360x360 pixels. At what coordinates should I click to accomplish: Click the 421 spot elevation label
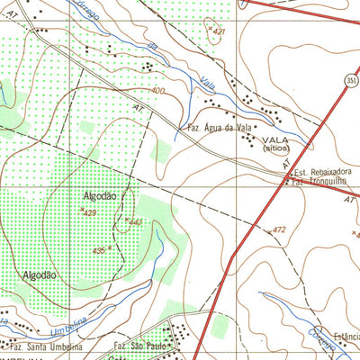pos(217,31)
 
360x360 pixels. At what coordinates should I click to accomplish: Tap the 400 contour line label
pos(158,91)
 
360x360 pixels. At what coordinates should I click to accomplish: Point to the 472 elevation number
pos(278,230)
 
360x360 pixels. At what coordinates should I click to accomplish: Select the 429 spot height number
pos(88,212)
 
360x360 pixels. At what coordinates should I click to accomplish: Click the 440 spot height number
pos(136,221)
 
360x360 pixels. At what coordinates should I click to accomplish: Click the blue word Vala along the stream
pos(209,77)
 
